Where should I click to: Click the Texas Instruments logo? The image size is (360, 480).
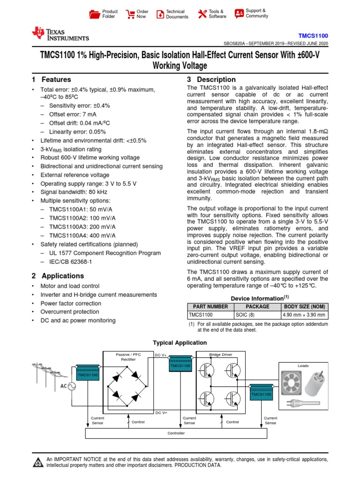click(60, 34)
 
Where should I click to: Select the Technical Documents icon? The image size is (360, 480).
click(159, 14)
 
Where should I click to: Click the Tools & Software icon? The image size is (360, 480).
click(202, 14)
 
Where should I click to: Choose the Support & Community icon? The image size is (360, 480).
click(239, 13)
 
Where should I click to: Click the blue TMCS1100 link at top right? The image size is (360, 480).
click(313, 36)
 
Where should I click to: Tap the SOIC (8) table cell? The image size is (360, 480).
click(257, 315)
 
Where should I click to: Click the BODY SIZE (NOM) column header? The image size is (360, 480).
click(304, 307)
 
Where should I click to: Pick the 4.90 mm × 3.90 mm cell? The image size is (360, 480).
click(304, 315)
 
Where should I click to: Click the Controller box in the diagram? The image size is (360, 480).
click(176, 433)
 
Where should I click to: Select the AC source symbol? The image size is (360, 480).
click(73, 386)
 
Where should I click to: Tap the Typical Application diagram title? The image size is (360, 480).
click(180, 343)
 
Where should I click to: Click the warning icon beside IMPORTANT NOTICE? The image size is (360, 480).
click(37, 463)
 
